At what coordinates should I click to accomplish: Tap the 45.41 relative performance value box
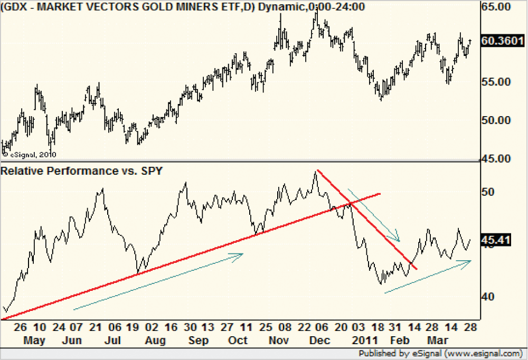pos(497,241)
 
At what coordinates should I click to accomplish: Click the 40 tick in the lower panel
pos(490,297)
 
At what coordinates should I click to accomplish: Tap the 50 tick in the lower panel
pos(490,191)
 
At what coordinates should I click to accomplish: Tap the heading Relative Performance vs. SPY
pos(82,170)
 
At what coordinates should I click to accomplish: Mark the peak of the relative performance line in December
pos(316,171)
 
